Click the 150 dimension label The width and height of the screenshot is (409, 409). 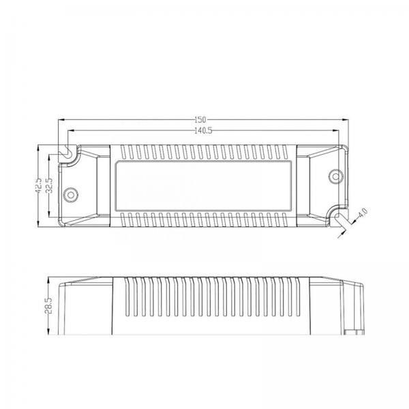[x=200, y=120]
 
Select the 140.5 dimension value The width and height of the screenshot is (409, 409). [x=203, y=131]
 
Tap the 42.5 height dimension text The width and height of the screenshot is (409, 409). [x=39, y=185]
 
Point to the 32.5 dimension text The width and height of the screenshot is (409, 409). [x=49, y=185]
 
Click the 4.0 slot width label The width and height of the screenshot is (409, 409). [x=363, y=213]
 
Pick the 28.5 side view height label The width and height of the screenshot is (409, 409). [x=49, y=305]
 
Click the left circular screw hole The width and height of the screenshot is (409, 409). [x=71, y=195]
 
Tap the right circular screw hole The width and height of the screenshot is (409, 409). [x=335, y=177]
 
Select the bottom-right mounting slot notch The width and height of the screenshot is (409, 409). [x=338, y=216]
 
